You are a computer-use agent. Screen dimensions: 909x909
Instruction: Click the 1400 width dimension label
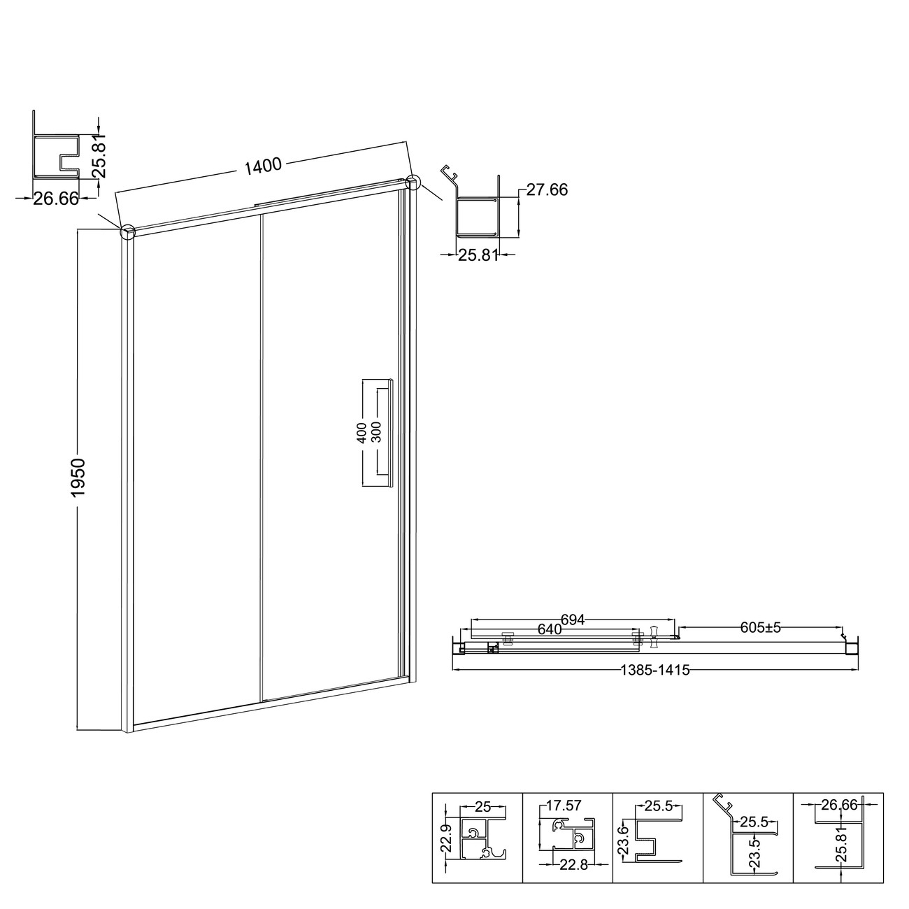tap(262, 166)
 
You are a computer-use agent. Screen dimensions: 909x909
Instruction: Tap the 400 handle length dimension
tap(362, 433)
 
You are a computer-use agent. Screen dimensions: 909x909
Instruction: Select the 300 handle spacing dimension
tap(376, 432)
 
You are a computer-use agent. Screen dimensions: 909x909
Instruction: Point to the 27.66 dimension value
tap(547, 190)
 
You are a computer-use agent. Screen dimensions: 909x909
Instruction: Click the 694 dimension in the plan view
tap(573, 620)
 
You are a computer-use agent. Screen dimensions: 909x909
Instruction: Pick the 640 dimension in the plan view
tap(550, 629)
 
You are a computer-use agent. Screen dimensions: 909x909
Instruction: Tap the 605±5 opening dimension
tap(761, 627)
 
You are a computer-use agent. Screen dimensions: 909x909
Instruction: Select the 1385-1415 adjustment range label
tap(655, 670)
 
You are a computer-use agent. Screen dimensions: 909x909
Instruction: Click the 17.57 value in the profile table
tap(564, 806)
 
